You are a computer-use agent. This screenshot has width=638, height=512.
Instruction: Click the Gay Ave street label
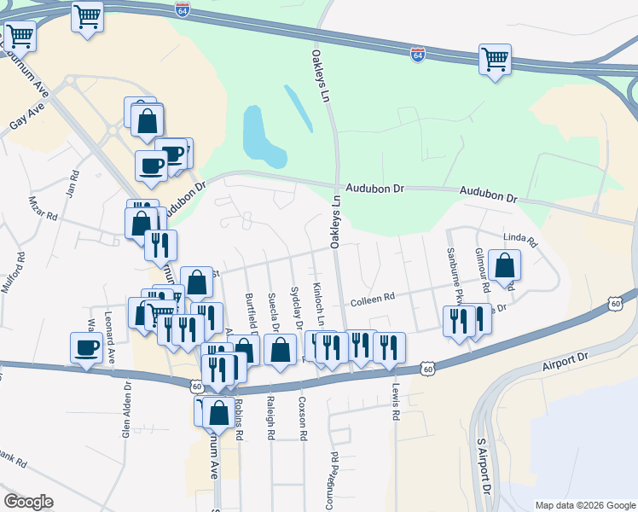26,118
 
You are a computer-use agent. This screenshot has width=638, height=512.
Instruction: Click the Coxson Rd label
302,417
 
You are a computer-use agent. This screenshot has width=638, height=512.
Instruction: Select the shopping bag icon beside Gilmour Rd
505,265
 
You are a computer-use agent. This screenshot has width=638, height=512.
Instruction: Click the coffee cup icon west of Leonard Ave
86,347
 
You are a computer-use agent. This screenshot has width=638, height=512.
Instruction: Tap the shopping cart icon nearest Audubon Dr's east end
495,60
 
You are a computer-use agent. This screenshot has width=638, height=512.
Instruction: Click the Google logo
29,502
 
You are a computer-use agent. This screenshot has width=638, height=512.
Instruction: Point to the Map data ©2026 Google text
584,505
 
